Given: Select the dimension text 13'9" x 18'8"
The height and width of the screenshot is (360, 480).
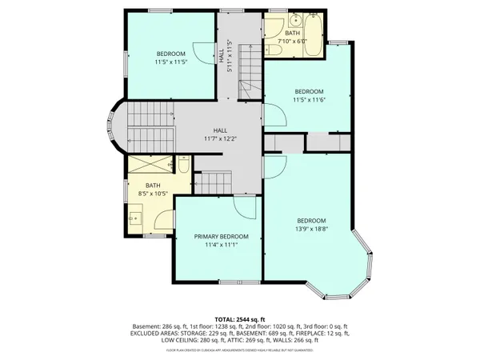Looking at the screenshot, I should (311, 229).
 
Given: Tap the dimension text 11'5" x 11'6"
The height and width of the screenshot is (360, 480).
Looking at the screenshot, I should (308, 100).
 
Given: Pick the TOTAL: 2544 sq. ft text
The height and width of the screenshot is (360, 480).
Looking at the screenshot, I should (240, 318).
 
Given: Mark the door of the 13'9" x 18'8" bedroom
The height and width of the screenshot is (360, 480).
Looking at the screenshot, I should (274, 167).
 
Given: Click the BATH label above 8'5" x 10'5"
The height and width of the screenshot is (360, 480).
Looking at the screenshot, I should (153, 186).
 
